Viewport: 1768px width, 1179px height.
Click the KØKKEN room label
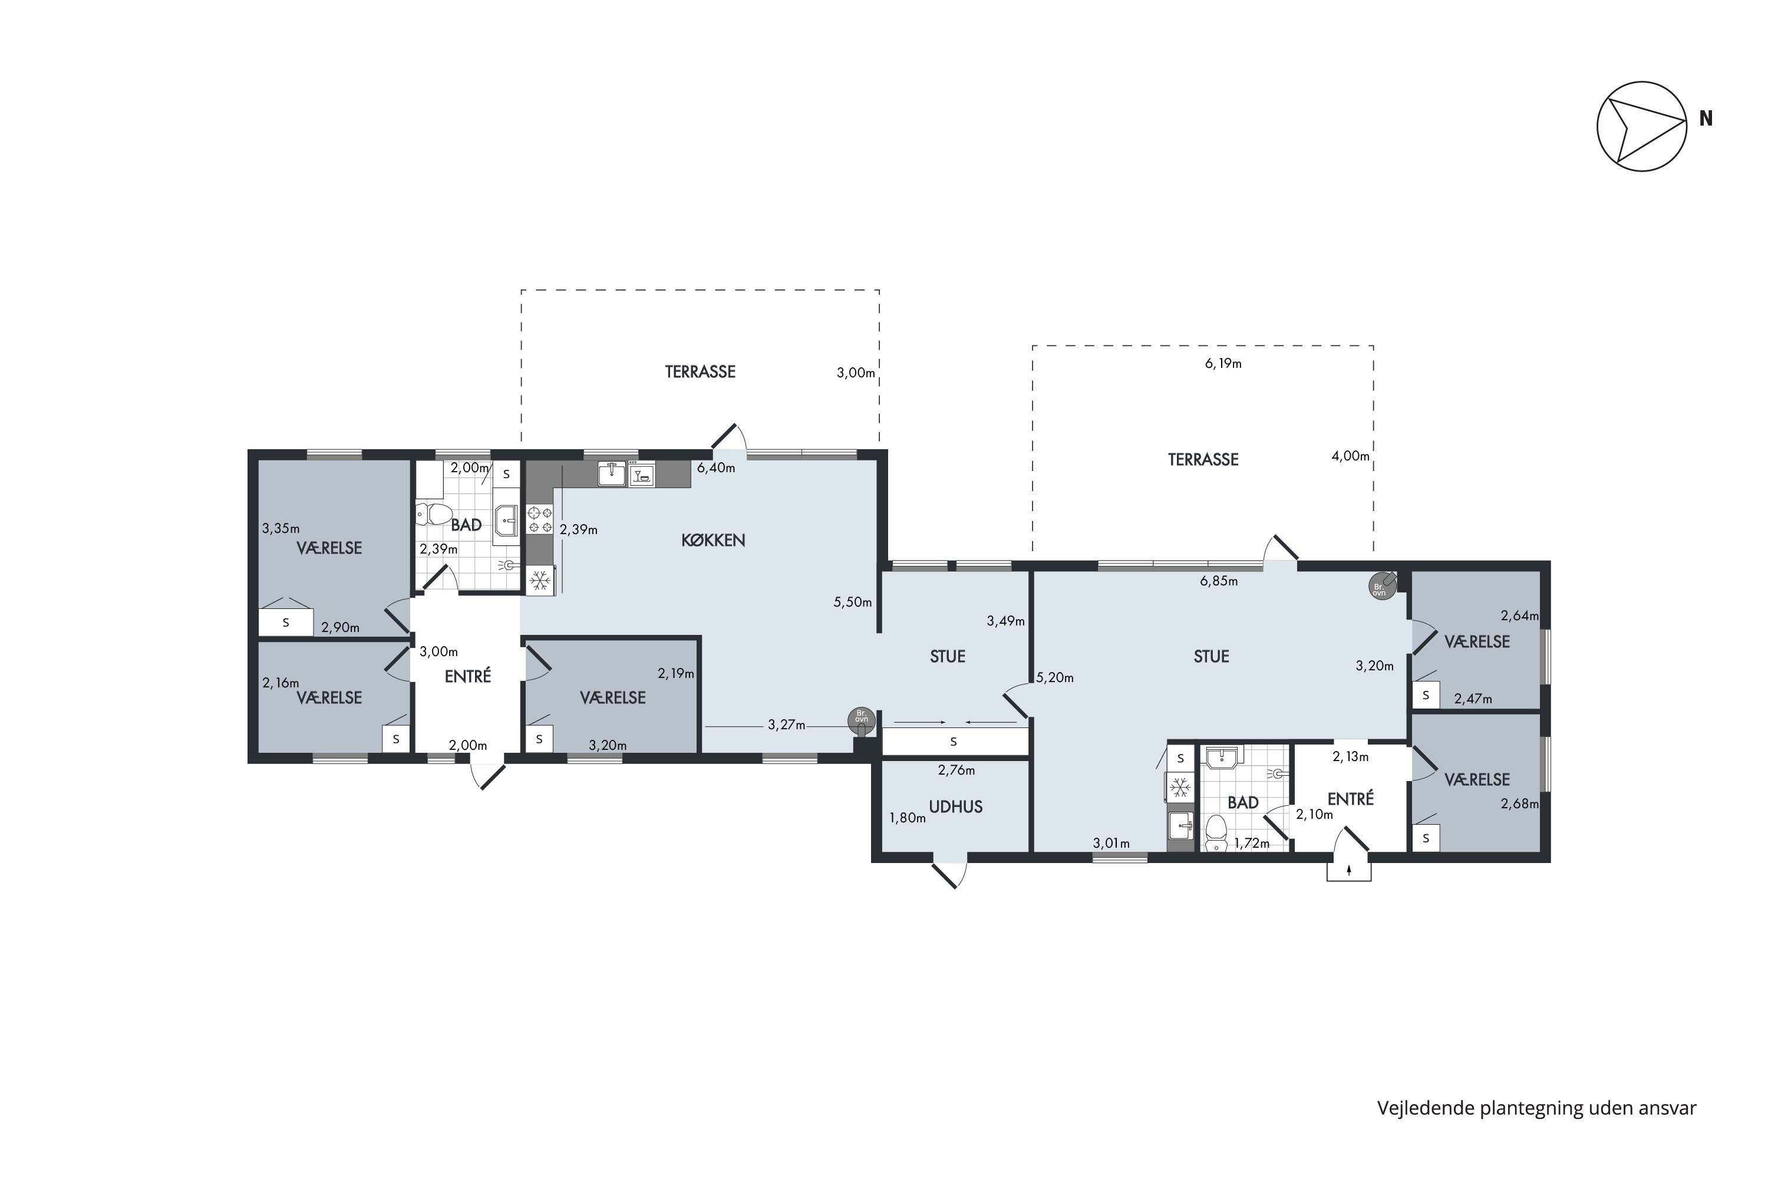[713, 540]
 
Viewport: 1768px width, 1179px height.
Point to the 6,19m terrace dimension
[1223, 364]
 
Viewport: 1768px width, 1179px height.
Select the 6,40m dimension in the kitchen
[715, 467]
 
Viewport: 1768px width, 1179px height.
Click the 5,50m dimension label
[852, 602]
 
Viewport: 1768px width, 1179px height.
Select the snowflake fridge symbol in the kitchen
[540, 579]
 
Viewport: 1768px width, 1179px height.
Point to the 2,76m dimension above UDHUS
[956, 770]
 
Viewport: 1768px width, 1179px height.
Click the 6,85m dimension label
[1219, 581]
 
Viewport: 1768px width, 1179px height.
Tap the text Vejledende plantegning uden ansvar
[1536, 1108]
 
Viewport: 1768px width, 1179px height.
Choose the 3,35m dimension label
[281, 529]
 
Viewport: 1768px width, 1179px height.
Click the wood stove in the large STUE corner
[1381, 586]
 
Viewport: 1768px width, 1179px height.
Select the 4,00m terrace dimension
[1350, 456]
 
